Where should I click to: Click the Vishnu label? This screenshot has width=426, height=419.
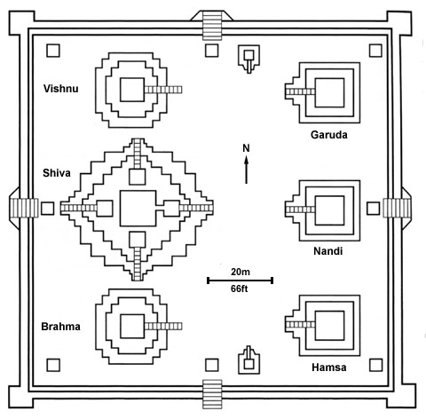pos(61,89)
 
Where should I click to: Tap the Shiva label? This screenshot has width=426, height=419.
pos(57,173)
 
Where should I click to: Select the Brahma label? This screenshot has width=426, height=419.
pos(60,327)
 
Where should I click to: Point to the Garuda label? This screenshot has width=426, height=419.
pos(329,135)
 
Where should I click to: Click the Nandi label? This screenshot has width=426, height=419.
pos(328,251)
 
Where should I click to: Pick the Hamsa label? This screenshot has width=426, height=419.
pos(329,368)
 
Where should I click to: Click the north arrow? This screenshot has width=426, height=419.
pos(246,170)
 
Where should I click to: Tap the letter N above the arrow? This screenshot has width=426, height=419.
pos(246,148)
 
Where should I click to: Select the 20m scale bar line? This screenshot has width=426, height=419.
pos(240,281)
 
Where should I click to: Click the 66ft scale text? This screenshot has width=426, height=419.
pos(240,289)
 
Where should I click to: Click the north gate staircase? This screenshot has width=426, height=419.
pos(212,26)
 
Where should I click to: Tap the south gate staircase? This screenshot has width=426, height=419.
pos(212,394)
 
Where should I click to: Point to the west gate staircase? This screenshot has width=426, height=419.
pos(24,208)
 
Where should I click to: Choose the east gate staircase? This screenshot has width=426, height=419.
pos(397,208)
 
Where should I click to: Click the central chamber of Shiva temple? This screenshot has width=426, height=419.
pos(138,209)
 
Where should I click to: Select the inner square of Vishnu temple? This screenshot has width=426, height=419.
pos(132,90)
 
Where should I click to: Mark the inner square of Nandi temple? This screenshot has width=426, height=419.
pos(329,210)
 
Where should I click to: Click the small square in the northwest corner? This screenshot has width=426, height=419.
pos(53,51)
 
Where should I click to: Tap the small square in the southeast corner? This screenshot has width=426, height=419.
pos(375,365)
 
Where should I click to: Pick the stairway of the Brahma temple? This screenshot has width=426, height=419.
pos(163,327)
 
